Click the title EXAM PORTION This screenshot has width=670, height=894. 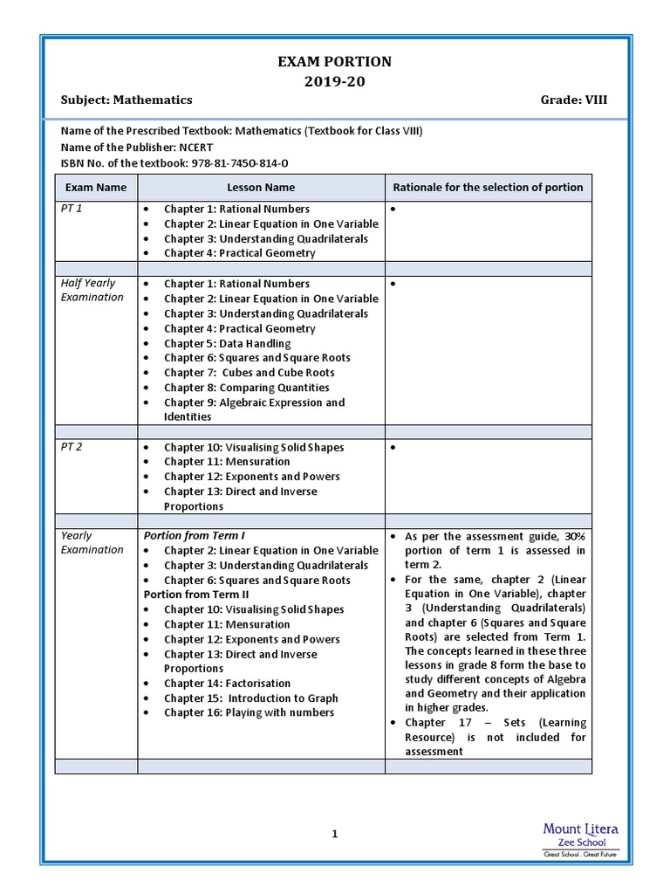[334, 62]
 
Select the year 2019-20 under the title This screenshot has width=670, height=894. [334, 81]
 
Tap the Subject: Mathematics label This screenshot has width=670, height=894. [126, 100]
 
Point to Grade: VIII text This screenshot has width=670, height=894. [574, 100]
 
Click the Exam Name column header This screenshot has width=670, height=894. [96, 187]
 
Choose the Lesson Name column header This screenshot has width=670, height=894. [261, 187]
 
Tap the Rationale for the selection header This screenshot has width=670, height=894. [488, 187]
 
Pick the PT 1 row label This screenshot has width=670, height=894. [72, 210]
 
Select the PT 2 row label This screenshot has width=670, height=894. [72, 447]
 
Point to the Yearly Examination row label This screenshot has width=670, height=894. [92, 542]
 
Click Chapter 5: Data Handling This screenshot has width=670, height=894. [227, 343]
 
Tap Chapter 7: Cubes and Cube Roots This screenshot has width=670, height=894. [249, 373]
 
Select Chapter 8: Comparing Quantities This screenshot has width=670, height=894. [246, 388]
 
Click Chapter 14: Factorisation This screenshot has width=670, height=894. [227, 684]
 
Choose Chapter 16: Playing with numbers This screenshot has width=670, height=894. [249, 712]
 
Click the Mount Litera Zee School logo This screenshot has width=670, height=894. [580, 839]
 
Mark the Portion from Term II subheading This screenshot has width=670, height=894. [196, 595]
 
